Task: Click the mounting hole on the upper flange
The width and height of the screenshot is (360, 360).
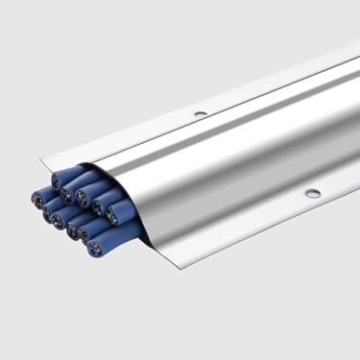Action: pyautogui.click(x=201, y=114)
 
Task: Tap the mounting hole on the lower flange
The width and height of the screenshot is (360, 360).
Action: pyautogui.click(x=313, y=193)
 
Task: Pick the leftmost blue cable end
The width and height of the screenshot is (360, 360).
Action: pyautogui.click(x=39, y=199)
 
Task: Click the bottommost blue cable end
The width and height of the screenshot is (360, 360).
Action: pyautogui.click(x=94, y=250)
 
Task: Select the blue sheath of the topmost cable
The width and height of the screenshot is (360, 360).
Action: pyautogui.click(x=72, y=174)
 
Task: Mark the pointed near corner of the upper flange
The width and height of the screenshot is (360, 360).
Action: pyautogui.click(x=41, y=157)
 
